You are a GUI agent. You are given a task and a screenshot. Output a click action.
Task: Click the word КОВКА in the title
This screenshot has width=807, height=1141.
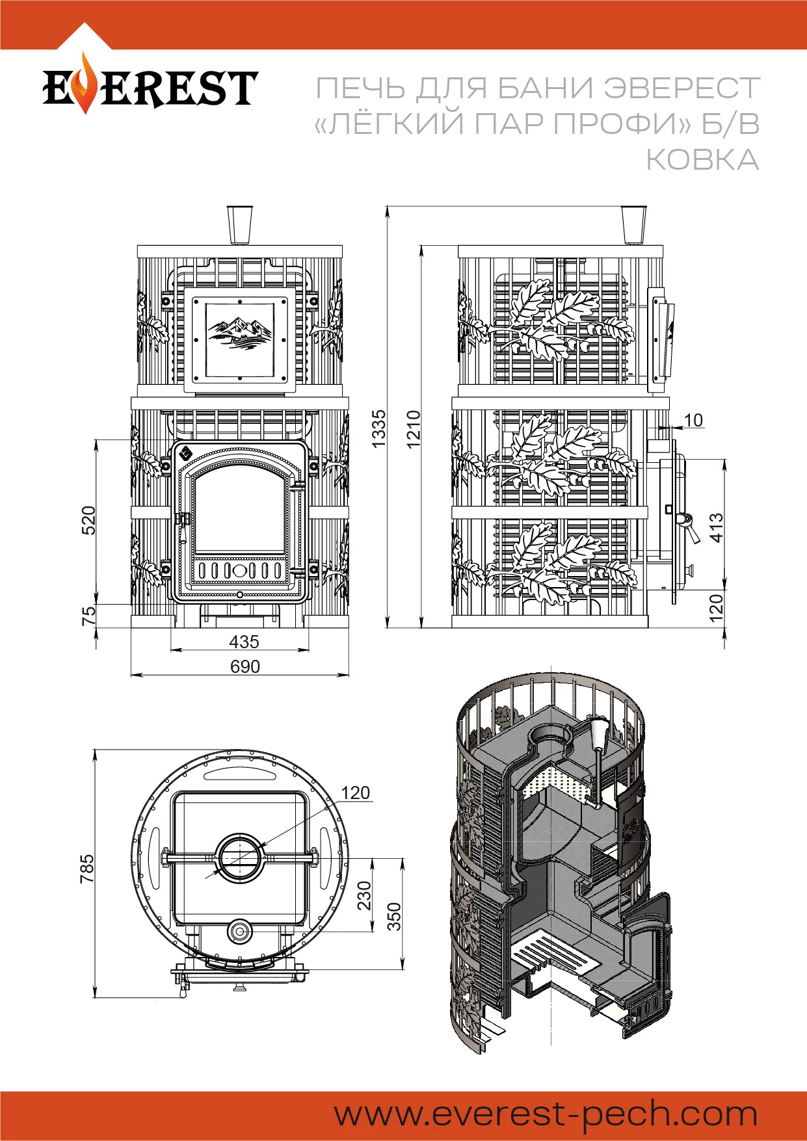(702, 160)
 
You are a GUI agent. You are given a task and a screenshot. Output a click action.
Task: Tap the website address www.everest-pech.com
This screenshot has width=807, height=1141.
(546, 1114)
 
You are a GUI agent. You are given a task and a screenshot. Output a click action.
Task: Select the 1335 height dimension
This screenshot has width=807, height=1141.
(378, 428)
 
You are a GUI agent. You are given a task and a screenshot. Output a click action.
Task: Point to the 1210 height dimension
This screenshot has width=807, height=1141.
(414, 428)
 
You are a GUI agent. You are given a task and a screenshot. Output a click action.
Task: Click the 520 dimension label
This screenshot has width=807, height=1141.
(88, 520)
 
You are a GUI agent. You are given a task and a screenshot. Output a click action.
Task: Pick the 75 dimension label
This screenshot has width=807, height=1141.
(88, 615)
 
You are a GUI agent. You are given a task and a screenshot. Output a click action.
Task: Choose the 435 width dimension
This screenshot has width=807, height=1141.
(244, 642)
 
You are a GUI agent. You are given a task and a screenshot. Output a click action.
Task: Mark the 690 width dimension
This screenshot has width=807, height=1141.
(245, 666)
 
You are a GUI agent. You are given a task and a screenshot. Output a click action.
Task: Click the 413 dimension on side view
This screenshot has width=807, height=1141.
(716, 527)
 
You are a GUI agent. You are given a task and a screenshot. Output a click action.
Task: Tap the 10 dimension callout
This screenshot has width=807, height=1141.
(693, 420)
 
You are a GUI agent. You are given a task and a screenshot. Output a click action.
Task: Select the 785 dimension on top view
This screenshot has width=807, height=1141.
(86, 869)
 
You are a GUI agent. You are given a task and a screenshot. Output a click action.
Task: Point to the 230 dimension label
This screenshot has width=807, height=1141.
(364, 895)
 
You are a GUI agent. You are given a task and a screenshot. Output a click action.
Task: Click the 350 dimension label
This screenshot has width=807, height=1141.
(394, 917)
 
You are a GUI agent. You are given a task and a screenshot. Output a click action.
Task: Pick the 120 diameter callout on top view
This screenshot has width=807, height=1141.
(355, 793)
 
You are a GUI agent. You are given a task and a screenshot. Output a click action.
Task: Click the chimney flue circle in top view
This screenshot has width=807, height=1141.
(240, 858)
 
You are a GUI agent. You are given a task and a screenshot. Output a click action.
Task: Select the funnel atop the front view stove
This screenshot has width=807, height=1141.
(240, 225)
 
